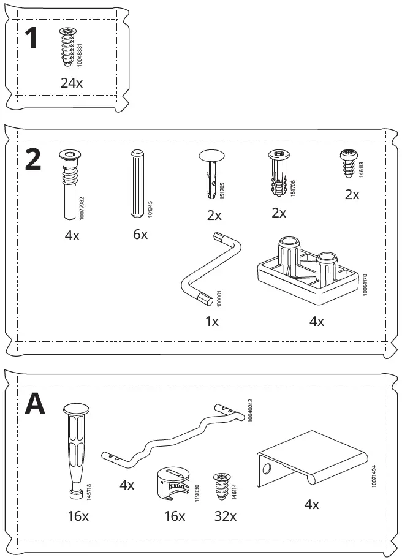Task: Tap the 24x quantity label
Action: click(x=71, y=83)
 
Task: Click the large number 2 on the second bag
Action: click(x=33, y=161)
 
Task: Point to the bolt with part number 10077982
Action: click(x=68, y=184)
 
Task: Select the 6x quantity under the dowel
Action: click(x=140, y=234)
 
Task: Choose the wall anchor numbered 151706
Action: click(x=278, y=173)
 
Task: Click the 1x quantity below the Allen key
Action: click(x=211, y=320)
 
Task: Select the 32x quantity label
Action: click(x=224, y=516)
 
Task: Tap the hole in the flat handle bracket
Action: click(x=267, y=470)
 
